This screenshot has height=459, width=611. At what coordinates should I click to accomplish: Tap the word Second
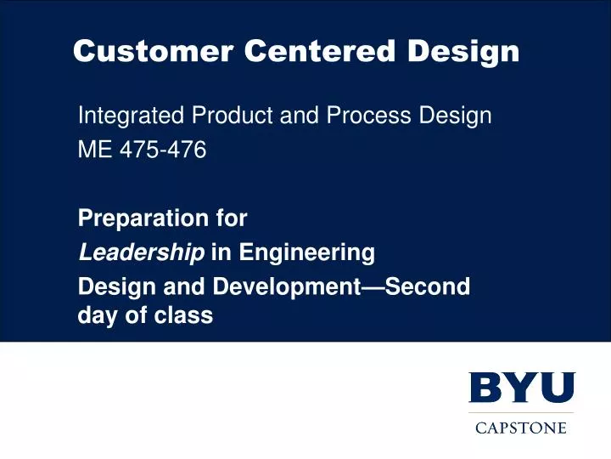pos(432,286)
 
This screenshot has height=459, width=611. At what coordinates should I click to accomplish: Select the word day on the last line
pos(96,316)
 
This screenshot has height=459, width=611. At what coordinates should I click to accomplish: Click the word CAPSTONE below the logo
pos(521,428)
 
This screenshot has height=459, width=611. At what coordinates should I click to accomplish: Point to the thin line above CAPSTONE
pos(521,412)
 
